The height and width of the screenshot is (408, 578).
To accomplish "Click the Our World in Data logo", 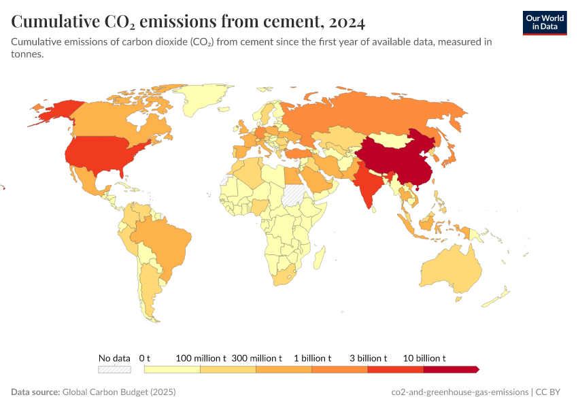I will pyautogui.click(x=544, y=22).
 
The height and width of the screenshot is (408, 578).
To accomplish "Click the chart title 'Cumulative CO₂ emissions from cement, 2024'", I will pyautogui.click(x=188, y=22).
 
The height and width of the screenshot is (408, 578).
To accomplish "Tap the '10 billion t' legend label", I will pyautogui.click(x=424, y=358).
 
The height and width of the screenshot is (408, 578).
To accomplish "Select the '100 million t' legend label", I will pyautogui.click(x=201, y=358).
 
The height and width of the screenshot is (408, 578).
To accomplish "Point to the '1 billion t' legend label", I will pyautogui.click(x=312, y=358).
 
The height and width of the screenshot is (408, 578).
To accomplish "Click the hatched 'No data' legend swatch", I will pyautogui.click(x=114, y=369).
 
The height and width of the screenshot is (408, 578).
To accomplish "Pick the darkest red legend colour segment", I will pyautogui.click(x=450, y=369).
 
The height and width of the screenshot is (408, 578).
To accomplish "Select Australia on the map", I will pyautogui.click(x=449, y=269).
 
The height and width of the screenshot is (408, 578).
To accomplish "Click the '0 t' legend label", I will pyautogui.click(x=144, y=358).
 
